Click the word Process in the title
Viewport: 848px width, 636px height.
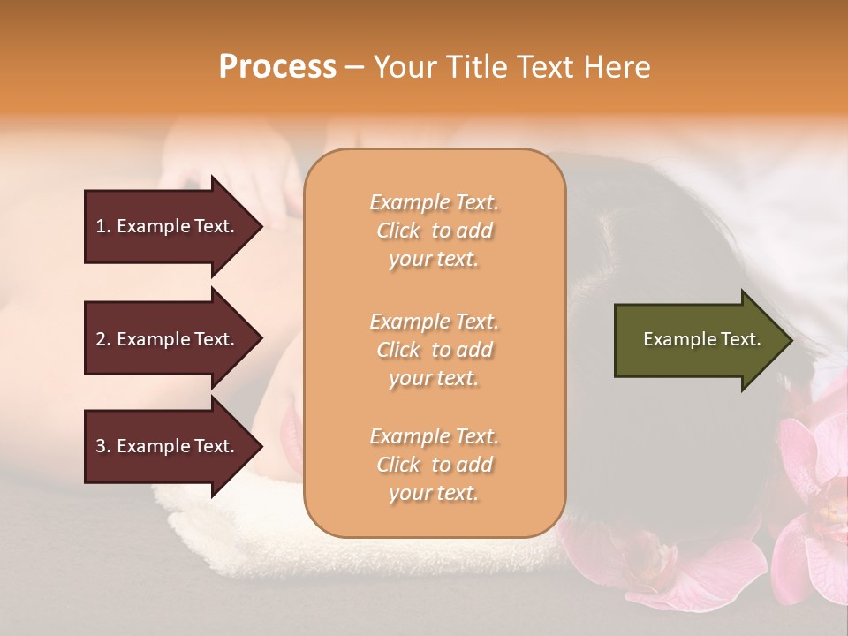pyautogui.click(x=277, y=67)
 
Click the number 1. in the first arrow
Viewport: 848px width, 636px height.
pyautogui.click(x=103, y=226)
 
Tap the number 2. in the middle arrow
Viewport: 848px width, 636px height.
pyautogui.click(x=103, y=339)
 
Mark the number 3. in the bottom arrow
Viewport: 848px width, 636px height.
pyautogui.click(x=103, y=446)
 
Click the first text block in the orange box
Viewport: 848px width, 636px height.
pyautogui.click(x=434, y=231)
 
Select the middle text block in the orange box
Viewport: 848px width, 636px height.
pyautogui.click(x=434, y=350)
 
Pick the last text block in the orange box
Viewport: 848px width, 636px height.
pyautogui.click(x=434, y=465)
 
